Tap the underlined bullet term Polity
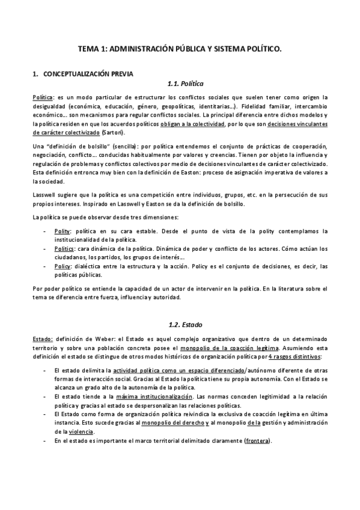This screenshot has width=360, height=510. tap(62, 232)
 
